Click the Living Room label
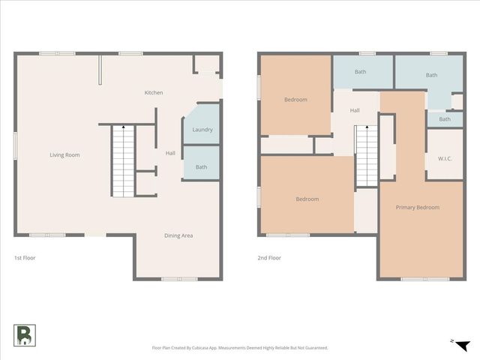(x=64, y=155)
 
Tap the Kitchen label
(x=154, y=93)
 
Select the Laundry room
(x=202, y=130)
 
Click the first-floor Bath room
(x=201, y=166)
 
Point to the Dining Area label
(x=178, y=235)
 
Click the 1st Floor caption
(x=25, y=258)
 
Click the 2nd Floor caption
(x=269, y=258)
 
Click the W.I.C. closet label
(x=444, y=157)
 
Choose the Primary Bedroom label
(x=418, y=207)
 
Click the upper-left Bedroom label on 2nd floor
(x=295, y=100)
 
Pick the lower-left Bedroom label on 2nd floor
(x=307, y=199)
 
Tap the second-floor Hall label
(x=355, y=110)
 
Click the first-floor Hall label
(x=170, y=153)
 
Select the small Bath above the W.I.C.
(x=445, y=119)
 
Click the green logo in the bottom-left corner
(x=25, y=335)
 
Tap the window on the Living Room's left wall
(x=15, y=145)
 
